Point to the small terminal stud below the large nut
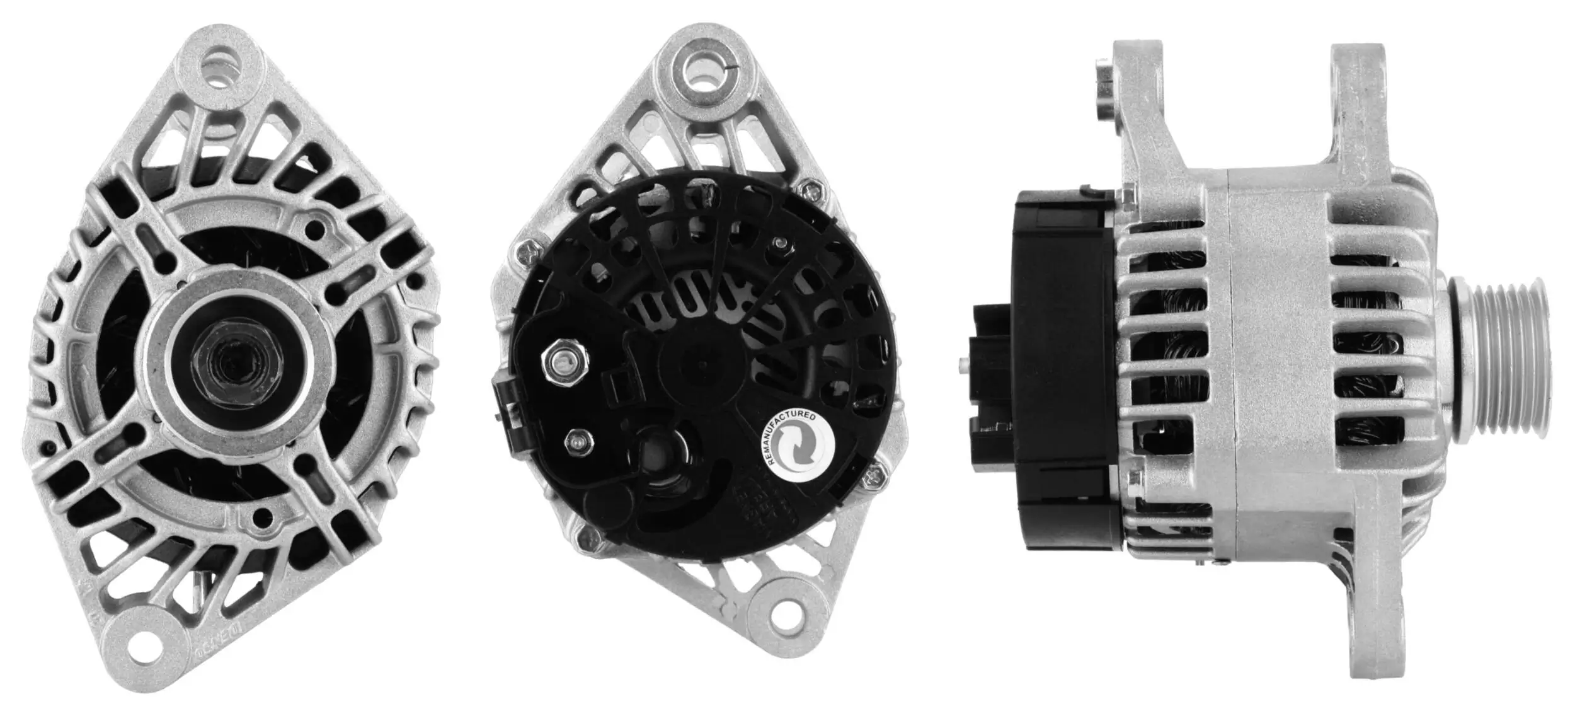point(575,442)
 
